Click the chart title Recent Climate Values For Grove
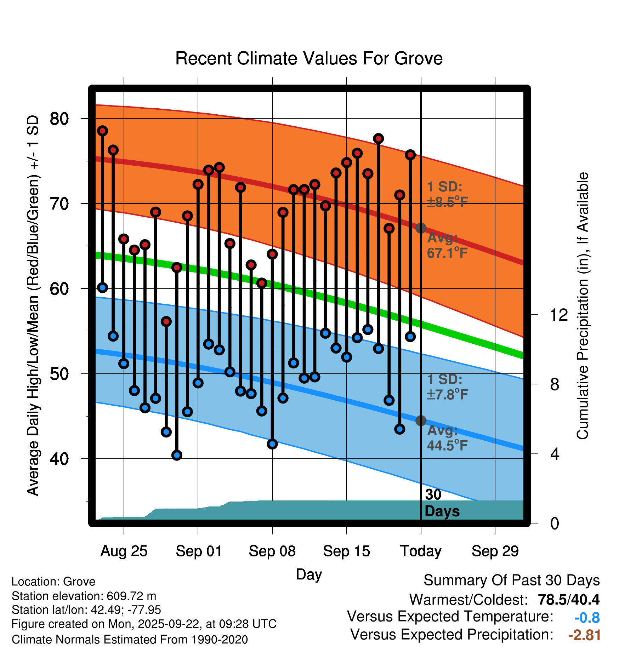[x=309, y=58]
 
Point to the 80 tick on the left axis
[x=59, y=119]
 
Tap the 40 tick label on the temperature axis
[x=59, y=459]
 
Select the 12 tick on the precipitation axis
[x=559, y=315]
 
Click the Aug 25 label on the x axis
[x=124, y=551]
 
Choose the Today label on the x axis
[x=421, y=551]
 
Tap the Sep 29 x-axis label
[x=495, y=551]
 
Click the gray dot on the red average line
[x=421, y=228]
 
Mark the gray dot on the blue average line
[x=421, y=420]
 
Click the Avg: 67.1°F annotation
[x=447, y=245]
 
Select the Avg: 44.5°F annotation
[x=447, y=438]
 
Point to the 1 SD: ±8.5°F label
[x=447, y=194]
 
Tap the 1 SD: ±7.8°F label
[x=447, y=387]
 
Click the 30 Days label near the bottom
[x=442, y=503]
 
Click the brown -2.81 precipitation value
[x=584, y=635]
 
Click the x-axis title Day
[x=309, y=574]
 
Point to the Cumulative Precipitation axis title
[x=583, y=306]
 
